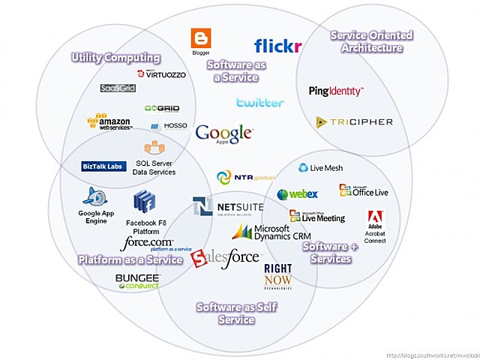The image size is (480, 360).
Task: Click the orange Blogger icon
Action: (200, 38)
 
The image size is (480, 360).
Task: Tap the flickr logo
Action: (277, 46)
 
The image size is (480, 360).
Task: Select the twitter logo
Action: (260, 103)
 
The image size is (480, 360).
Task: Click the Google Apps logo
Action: (223, 134)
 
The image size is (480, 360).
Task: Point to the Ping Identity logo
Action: (336, 91)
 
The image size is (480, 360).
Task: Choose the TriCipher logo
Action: (344, 121)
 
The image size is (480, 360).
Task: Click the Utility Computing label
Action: (115, 58)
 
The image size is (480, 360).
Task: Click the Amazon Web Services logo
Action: (109, 122)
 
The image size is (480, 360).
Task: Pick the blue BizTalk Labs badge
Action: (103, 166)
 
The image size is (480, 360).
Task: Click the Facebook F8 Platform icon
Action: (144, 202)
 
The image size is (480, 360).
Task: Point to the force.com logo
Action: (146, 244)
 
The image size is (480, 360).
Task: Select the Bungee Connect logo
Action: (137, 281)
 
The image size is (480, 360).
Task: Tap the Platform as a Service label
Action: (130, 259)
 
